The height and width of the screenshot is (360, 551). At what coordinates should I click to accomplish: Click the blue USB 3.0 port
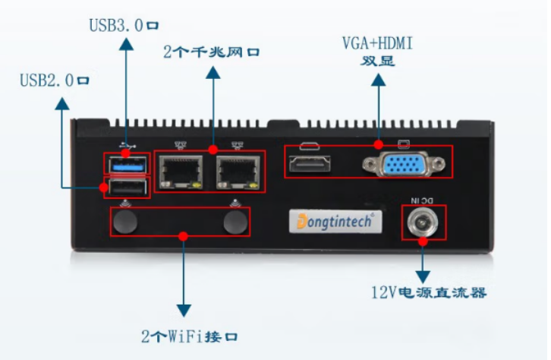[x=126, y=163]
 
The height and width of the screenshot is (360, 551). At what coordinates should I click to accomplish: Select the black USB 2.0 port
[x=126, y=187]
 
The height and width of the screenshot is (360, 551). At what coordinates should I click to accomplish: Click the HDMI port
[x=310, y=162]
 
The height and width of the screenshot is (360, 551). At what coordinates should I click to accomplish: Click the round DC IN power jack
[x=423, y=222]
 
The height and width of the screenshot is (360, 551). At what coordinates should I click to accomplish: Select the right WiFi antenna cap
[x=235, y=222]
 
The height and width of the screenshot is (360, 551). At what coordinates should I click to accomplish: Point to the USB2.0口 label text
[x=55, y=80]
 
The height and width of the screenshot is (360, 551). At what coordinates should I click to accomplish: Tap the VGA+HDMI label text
[x=377, y=44]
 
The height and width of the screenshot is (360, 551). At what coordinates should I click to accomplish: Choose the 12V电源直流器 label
[x=428, y=292]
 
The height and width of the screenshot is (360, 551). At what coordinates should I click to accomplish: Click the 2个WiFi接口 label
[x=194, y=335]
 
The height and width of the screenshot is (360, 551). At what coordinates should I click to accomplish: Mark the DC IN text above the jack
[x=423, y=200]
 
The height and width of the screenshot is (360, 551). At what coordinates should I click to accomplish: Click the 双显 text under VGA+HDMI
[x=377, y=62]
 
